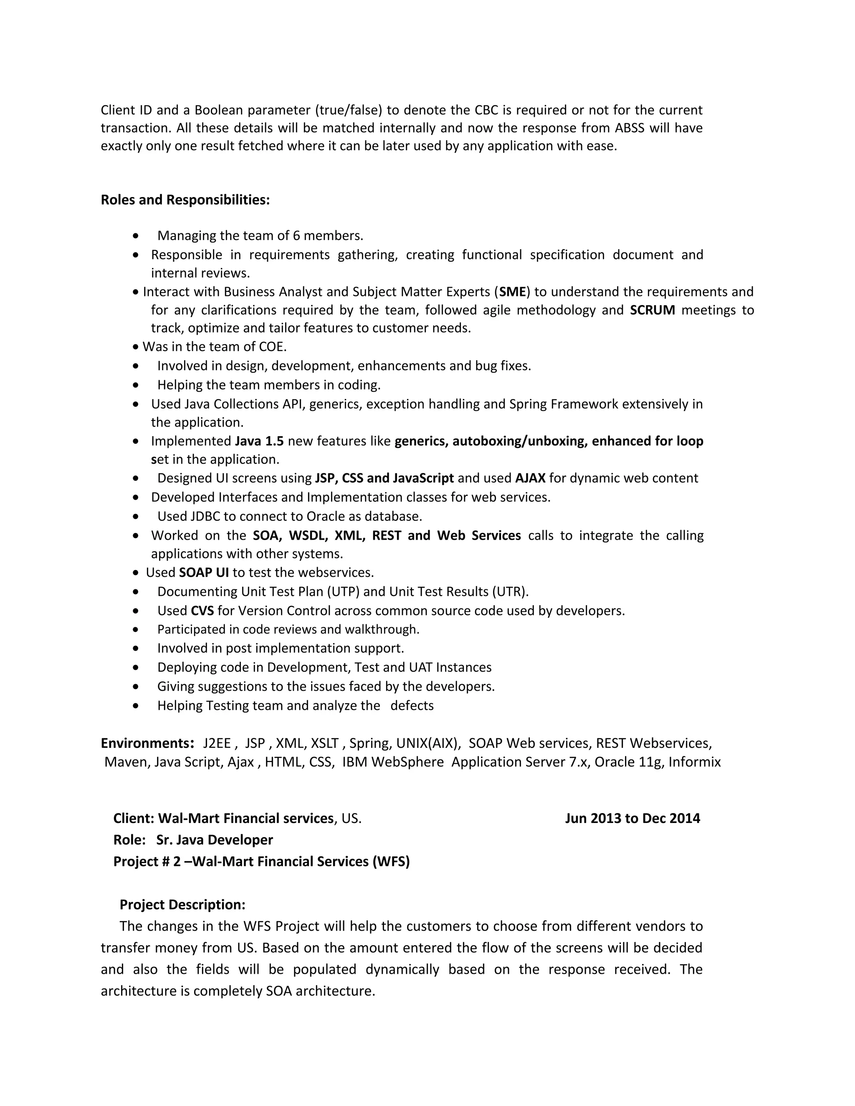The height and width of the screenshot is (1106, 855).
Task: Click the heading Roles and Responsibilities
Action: [x=185, y=200]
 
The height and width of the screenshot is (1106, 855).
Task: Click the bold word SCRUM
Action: [x=653, y=310]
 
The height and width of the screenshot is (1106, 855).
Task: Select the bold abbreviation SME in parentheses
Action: [x=513, y=292]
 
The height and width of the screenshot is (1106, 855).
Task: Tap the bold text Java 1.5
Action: [x=259, y=441]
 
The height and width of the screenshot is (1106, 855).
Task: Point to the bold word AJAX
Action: [x=530, y=478]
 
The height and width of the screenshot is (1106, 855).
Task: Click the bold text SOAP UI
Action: [x=204, y=573]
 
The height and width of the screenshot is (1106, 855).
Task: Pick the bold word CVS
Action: [x=202, y=611]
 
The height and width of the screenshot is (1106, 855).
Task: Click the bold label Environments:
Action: [x=147, y=743]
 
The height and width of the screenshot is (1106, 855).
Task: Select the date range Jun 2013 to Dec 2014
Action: [x=632, y=818]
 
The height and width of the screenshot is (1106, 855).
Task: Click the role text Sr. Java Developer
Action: [x=214, y=840]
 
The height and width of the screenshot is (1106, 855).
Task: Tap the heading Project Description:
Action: [x=182, y=904]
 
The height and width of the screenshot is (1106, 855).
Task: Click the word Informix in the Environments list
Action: [x=694, y=762]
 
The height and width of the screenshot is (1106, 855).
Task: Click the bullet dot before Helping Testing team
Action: [x=135, y=706]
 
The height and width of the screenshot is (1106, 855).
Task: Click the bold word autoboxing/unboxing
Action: [x=520, y=441]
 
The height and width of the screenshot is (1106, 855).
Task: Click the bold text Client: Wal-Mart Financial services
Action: [x=223, y=818]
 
